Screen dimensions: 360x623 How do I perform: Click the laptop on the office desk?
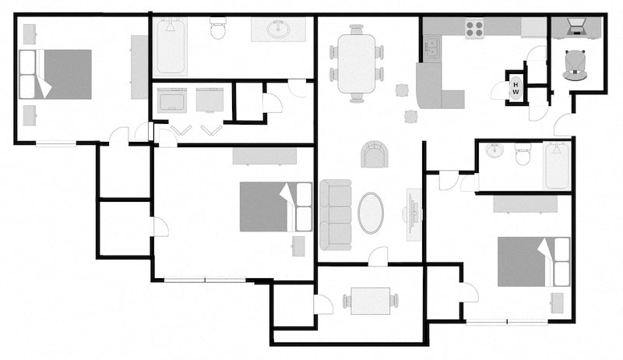(x=577, y=26)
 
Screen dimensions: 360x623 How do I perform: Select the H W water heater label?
(x=516, y=88)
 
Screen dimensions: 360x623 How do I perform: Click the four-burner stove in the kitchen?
(x=475, y=28)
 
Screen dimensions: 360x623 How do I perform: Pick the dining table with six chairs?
(x=357, y=64)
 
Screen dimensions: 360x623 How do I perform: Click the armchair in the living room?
(x=375, y=154)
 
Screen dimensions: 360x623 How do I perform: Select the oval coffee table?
(x=371, y=212)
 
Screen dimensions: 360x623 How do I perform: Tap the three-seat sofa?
(x=336, y=214)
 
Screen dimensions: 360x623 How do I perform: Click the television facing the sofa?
(x=412, y=211)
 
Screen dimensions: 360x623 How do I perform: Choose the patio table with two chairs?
(x=370, y=301)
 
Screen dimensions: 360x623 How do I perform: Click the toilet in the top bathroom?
(x=218, y=30)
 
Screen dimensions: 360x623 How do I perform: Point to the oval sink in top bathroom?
(x=276, y=30)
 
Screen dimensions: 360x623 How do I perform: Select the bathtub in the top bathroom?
(x=171, y=46)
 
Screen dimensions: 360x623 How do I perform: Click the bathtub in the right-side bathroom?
(x=557, y=164)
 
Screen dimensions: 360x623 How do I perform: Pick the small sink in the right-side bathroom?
(x=495, y=151)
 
